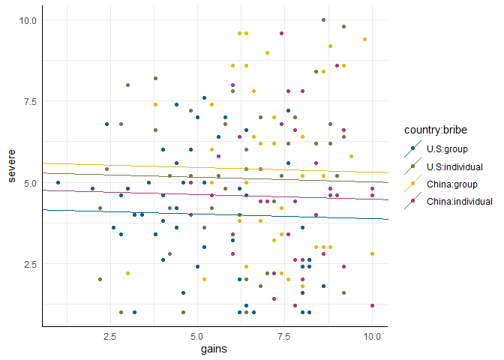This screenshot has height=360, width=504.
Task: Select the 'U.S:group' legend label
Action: tap(448, 149)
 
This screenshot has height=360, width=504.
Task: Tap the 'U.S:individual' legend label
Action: tap(454, 166)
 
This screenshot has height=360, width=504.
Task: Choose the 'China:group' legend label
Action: tap(451, 184)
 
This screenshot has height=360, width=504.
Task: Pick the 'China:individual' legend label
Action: tap(458, 201)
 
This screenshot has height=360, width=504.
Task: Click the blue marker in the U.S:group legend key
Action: tap(413, 149)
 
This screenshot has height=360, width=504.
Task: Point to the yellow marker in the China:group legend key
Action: tap(413, 184)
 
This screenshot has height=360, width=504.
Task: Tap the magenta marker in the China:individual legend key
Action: tap(413, 201)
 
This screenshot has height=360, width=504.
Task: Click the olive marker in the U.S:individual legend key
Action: tap(413, 166)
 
